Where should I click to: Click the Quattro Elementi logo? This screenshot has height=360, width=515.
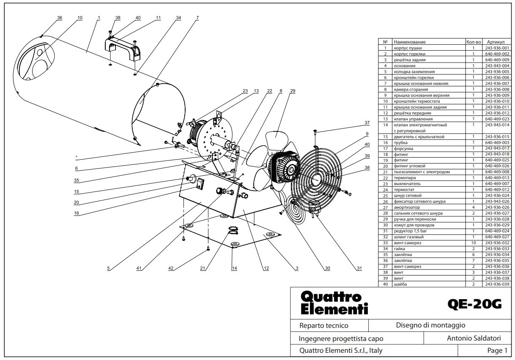(334, 303)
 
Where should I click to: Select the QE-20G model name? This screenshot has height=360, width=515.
(474, 304)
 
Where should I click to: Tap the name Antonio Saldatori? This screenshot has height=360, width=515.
(474, 338)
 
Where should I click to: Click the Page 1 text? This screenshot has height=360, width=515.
(497, 350)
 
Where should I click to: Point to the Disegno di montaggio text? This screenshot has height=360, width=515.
(430, 325)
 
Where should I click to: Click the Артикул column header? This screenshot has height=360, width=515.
(496, 42)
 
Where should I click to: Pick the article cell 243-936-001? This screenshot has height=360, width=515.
(497, 48)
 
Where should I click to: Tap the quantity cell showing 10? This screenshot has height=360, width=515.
(474, 243)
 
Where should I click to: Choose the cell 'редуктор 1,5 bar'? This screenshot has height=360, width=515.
(411, 231)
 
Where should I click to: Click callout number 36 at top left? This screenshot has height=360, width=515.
(60, 18)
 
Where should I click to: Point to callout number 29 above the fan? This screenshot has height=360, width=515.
(293, 91)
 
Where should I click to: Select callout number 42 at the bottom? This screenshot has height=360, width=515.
(171, 268)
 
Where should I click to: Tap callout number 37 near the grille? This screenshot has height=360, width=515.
(367, 123)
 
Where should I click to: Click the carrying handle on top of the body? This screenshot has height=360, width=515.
(123, 49)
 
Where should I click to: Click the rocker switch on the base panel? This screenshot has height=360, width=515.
(200, 184)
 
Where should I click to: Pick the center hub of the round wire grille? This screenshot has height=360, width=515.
(316, 177)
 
